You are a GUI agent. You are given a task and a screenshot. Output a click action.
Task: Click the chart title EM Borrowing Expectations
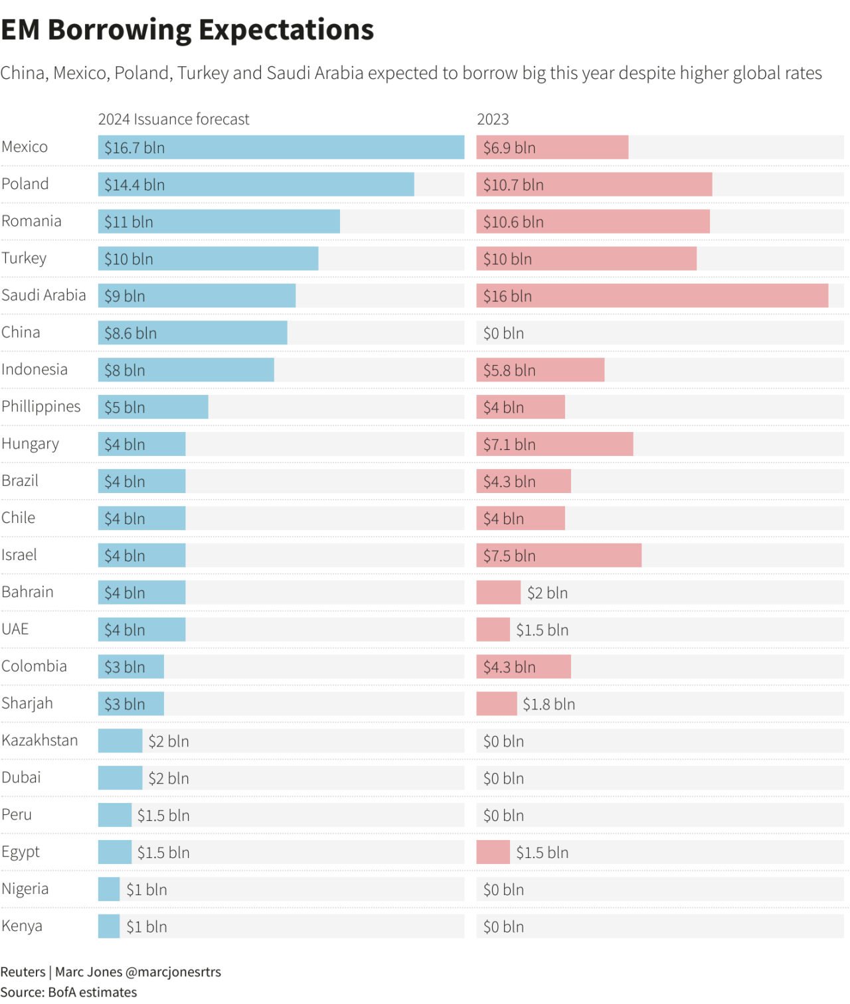point(187,31)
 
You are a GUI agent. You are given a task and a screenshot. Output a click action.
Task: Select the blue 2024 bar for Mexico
point(281,147)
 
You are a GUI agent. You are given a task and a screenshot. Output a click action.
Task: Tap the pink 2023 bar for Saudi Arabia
point(651,296)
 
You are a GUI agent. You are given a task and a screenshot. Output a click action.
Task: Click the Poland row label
point(25,184)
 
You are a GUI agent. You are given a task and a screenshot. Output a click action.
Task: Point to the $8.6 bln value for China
point(130,333)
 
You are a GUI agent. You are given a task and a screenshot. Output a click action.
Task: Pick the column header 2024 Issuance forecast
point(173,119)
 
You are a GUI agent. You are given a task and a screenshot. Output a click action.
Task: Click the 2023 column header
point(493,119)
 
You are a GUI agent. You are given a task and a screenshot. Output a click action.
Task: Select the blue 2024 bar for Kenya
point(109,926)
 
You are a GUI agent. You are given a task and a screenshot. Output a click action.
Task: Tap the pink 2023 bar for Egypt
point(493,852)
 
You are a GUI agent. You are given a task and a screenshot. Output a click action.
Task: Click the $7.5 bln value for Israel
point(509,556)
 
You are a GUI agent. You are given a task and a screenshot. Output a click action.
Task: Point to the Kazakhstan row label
point(40,741)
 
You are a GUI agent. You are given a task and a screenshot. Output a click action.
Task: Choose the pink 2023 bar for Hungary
point(554,444)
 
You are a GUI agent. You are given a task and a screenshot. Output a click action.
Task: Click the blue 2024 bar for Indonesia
point(186,370)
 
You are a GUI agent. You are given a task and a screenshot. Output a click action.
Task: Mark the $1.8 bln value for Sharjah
point(549,704)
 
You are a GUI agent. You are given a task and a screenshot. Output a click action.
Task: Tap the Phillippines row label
point(41,407)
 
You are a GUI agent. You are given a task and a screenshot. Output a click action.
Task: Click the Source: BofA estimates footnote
point(68,993)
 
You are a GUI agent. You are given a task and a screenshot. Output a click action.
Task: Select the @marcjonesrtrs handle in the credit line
point(173,972)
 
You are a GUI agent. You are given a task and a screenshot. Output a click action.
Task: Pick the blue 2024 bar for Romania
point(218,222)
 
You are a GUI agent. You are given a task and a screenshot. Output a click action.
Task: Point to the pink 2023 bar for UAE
point(493,629)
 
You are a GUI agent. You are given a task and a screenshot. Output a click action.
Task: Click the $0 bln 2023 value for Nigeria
point(503,890)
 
